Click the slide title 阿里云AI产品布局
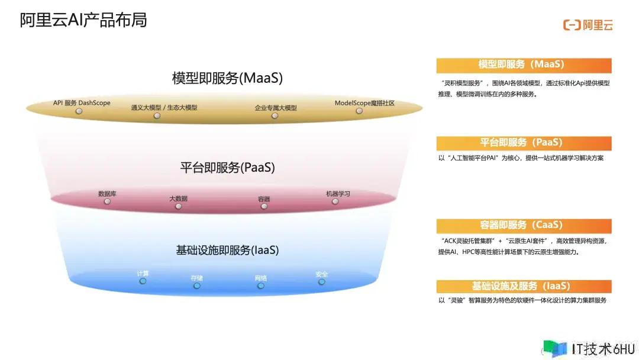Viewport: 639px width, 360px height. coord(83,20)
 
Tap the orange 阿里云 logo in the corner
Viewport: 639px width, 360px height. coord(588,25)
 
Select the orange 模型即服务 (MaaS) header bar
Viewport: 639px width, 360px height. coord(524,65)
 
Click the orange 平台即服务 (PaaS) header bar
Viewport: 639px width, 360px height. coord(524,143)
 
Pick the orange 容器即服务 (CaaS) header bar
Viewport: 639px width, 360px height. coord(524,226)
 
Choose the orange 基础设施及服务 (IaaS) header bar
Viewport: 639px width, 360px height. coord(524,286)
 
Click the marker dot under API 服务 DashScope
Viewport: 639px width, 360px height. coord(79,111)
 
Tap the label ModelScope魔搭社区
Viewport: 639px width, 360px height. coord(364,103)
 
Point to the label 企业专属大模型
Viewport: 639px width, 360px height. coord(276,108)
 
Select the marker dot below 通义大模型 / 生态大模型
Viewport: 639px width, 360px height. coord(157,116)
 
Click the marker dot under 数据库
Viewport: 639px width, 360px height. coord(107,201)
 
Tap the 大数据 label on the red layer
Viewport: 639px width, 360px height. coord(179,198)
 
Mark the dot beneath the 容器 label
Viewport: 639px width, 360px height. coord(264,206)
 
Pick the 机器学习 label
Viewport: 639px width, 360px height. coord(338,194)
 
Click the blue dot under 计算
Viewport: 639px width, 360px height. coord(143,281)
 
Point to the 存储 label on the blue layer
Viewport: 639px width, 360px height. coord(197,278)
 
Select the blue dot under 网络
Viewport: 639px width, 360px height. coord(261,286)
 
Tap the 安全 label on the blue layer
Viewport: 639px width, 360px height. coord(321,274)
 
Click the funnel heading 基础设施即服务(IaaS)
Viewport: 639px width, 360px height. coord(227,250)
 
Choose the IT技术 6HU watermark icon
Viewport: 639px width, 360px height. coord(554,349)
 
